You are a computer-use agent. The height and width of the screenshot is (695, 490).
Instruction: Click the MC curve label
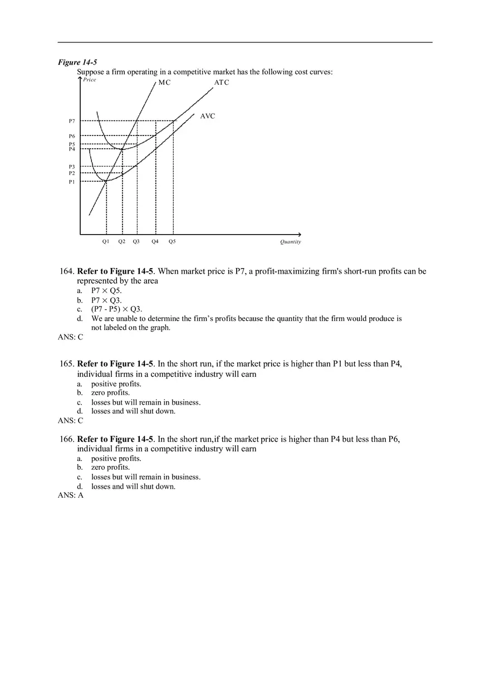[x=164, y=82]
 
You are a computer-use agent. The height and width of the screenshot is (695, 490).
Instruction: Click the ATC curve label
[x=222, y=82]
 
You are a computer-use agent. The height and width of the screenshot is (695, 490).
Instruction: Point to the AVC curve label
[x=207, y=116]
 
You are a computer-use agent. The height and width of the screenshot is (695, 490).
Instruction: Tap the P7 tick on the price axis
[x=72, y=121]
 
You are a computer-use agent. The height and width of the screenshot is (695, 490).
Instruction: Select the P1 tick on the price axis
[x=72, y=181]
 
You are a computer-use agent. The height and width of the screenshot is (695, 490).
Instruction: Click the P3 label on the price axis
[x=72, y=167]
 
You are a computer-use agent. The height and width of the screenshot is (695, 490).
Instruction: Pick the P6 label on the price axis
[x=72, y=136]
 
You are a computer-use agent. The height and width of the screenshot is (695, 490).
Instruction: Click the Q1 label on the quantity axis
[x=106, y=241]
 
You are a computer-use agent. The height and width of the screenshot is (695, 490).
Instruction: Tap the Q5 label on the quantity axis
[x=172, y=241]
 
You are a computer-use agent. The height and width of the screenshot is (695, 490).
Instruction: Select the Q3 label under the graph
[x=136, y=241]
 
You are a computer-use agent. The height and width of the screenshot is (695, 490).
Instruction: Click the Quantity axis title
[x=290, y=242]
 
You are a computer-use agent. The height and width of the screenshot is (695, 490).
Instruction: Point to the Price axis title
[x=90, y=80]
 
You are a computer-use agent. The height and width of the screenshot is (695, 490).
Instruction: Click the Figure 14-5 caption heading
[x=77, y=62]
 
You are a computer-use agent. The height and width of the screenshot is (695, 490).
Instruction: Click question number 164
[x=67, y=271]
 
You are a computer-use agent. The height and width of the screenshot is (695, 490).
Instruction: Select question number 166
[x=67, y=439]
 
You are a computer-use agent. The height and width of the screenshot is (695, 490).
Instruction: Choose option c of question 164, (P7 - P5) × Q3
[x=116, y=309]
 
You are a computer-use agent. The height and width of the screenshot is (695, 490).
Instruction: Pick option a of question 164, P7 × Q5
[x=106, y=290]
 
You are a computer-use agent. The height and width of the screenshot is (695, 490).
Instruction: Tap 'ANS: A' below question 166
[x=71, y=495]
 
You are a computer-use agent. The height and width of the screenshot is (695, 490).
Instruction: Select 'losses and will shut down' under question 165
[x=133, y=411]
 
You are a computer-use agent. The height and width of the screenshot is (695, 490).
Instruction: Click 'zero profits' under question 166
[x=110, y=468]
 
